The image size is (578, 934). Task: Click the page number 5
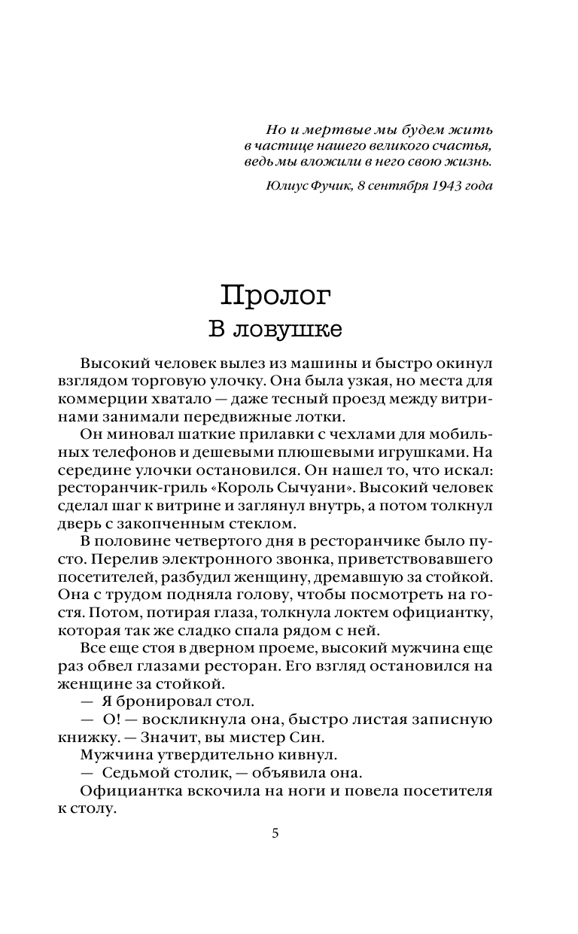pos(275,833)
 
